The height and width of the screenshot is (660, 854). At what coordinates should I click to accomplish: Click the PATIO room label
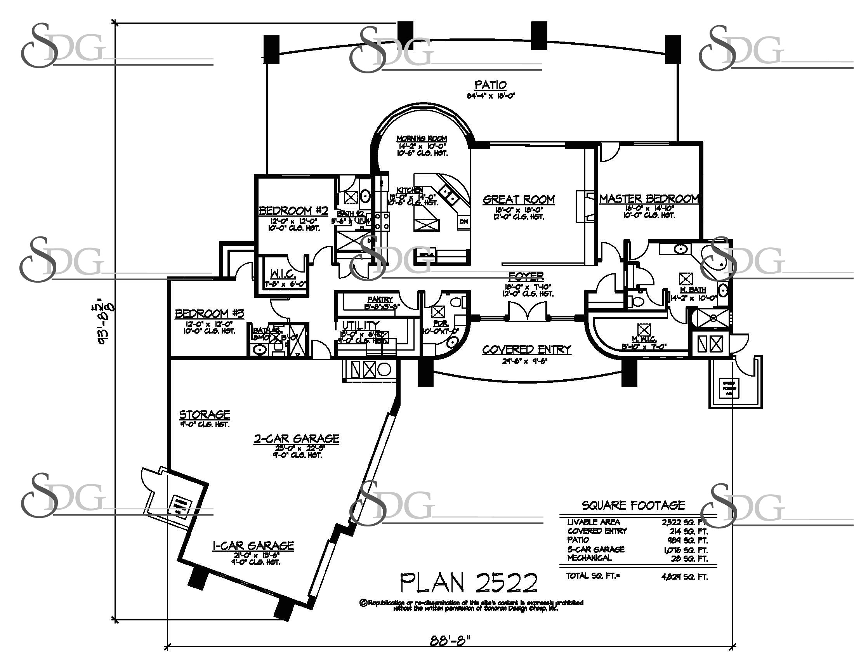coord(490,85)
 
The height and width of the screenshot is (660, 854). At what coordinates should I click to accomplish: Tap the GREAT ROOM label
coord(519,200)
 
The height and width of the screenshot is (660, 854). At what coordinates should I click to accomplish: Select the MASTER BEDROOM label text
coord(649,199)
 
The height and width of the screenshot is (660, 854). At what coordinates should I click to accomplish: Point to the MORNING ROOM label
coord(422,139)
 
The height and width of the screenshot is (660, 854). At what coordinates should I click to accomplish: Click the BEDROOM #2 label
coord(293,211)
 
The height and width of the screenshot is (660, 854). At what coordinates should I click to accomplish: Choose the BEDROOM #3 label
coord(209,314)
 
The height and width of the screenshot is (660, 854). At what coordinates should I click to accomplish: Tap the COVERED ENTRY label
coord(526,349)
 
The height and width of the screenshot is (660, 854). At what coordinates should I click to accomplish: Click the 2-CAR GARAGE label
coord(297,439)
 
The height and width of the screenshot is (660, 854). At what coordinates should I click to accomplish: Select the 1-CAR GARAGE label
coord(253,545)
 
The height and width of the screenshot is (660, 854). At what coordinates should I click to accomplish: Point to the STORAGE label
coord(205,415)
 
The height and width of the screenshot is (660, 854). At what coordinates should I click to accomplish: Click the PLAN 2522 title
coord(469,583)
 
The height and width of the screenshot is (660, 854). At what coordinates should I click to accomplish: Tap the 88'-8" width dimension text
coord(450,641)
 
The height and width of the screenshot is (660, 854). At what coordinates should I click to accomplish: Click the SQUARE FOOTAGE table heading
coord(633,505)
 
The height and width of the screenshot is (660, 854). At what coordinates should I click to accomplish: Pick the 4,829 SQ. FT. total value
coord(684,577)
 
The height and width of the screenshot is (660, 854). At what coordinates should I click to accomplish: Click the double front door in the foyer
coord(527,313)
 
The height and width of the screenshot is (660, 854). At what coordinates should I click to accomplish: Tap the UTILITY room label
coord(361,325)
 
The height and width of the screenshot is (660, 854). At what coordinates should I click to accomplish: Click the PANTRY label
coord(380,299)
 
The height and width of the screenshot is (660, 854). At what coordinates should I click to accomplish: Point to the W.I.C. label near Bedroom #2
coord(282,274)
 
